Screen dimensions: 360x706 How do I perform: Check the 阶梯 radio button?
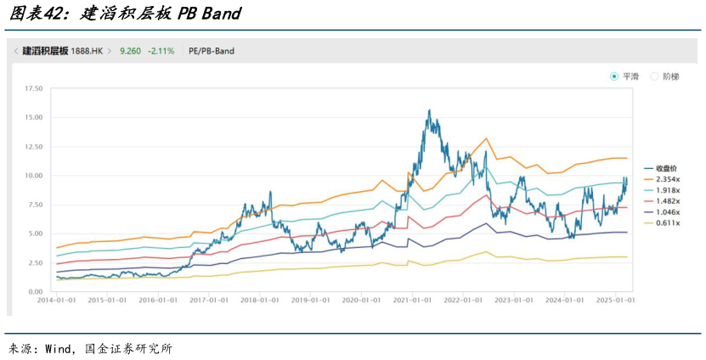tap(655, 76)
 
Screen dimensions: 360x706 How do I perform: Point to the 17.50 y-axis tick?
tap(34, 88)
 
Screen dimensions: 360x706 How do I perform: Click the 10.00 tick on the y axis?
tap(34, 176)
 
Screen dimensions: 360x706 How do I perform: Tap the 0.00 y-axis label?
tap(36, 291)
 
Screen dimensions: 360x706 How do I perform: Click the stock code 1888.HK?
tap(88, 51)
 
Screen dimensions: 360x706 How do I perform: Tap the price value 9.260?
tap(130, 51)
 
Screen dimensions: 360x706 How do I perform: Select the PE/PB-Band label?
tap(211, 51)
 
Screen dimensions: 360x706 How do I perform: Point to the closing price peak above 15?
tap(429, 110)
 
